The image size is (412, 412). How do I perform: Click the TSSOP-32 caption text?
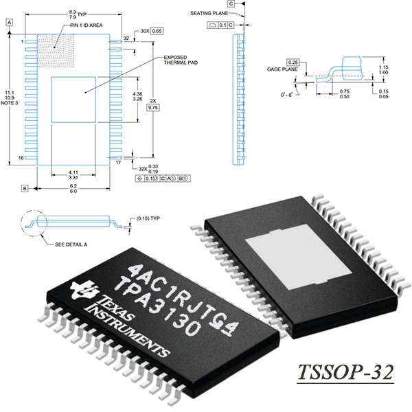coord(345,372)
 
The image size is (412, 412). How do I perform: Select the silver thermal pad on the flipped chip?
coord(299,257)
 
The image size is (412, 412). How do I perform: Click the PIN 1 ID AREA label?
coord(87,25)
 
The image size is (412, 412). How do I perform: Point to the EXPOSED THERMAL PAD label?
coord(181,60)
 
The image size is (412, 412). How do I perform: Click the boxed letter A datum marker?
coord(10,23)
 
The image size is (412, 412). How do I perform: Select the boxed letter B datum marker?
coord(25,188)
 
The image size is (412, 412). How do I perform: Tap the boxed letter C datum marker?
coord(231,3)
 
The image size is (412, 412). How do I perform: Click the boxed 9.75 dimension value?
coord(153,108)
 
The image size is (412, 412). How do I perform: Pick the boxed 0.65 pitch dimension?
coord(157,31)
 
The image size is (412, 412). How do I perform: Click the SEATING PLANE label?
coord(209,13)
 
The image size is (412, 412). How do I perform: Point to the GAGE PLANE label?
coord(282,69)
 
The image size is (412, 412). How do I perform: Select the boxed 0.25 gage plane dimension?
coord(293,62)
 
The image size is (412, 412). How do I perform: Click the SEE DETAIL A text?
coord(71,244)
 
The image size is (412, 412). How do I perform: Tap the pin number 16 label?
coord(21,158)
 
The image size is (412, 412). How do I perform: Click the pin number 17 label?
coord(118,163)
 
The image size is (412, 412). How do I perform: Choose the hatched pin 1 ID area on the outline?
coord(56,51)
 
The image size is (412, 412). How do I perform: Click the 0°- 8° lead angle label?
coord(286,95)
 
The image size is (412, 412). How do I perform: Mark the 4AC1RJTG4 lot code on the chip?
coord(183,299)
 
